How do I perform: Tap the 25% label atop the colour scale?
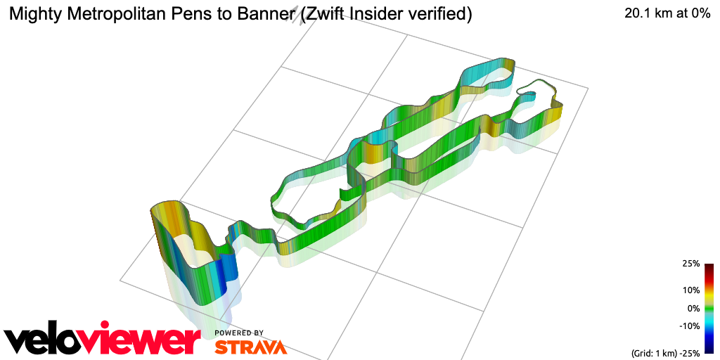click(x=691, y=264)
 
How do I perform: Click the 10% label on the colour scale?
click(x=691, y=290)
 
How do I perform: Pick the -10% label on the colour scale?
click(x=689, y=326)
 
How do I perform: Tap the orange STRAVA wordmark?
click(x=250, y=347)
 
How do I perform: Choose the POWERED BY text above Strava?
click(x=239, y=333)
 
